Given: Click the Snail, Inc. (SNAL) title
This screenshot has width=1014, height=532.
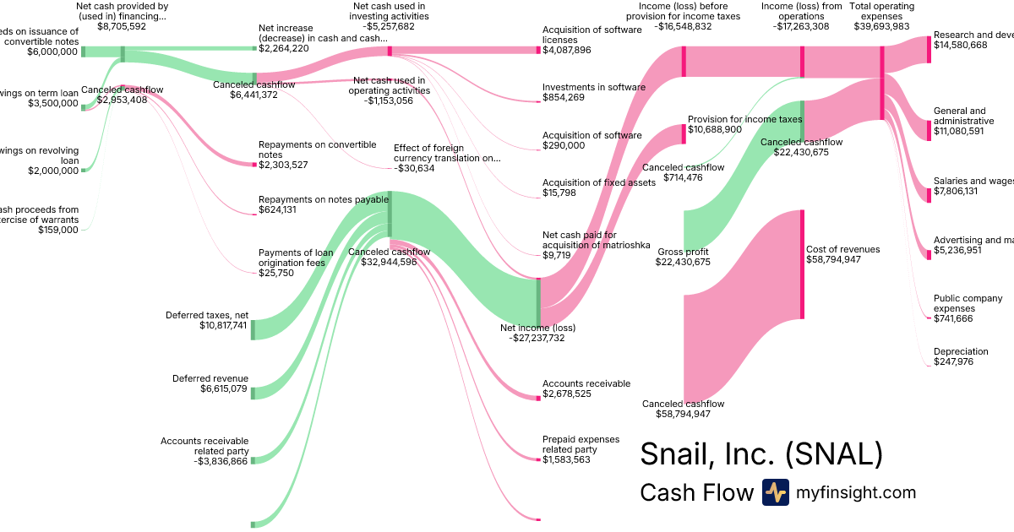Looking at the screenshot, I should pyautogui.click(x=761, y=453).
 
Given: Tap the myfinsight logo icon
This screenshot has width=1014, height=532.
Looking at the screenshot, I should pyautogui.click(x=775, y=492).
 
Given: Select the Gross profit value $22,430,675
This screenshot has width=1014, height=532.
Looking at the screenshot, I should pyautogui.click(x=683, y=263).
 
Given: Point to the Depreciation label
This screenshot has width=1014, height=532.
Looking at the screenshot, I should pyautogui.click(x=961, y=351).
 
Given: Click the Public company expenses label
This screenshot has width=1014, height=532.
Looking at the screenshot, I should pyautogui.click(x=968, y=303).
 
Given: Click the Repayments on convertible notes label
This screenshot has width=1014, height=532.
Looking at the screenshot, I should pyautogui.click(x=317, y=149).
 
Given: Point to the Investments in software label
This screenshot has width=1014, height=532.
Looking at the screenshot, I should pyautogui.click(x=594, y=87).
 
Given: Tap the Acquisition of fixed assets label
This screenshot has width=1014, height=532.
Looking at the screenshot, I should pyautogui.click(x=598, y=182).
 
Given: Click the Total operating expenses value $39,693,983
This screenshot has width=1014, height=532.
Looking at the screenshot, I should pyautogui.click(x=882, y=26).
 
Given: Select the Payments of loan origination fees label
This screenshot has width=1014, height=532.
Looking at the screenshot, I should pyautogui.click(x=296, y=257).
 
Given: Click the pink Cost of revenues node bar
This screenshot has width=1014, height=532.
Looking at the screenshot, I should pyautogui.click(x=802, y=264).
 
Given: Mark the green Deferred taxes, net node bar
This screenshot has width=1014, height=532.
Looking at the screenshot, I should pyautogui.click(x=252, y=329).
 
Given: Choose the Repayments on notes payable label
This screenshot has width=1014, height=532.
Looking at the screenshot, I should pyautogui.click(x=324, y=199).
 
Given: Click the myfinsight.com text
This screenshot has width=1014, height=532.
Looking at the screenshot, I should pyautogui.click(x=855, y=492).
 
